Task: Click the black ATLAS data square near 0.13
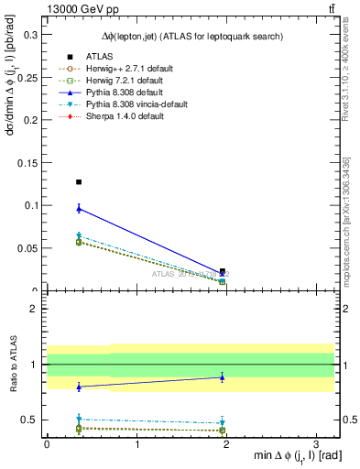tap(79, 182)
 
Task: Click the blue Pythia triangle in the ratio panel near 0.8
tap(79, 387)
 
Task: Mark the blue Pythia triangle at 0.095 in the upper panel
tap(79, 209)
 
